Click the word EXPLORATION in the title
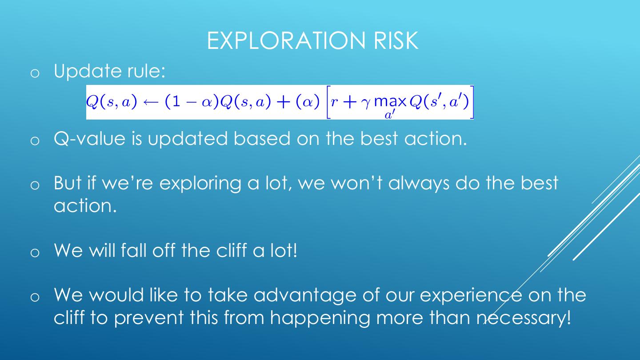(286, 41)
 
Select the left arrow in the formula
(151, 103)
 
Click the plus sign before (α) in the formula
(284, 103)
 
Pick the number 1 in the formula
(176, 102)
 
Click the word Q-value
(90, 139)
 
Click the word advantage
(304, 296)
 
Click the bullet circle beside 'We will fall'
(35, 252)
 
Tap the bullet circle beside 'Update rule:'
(35, 73)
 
